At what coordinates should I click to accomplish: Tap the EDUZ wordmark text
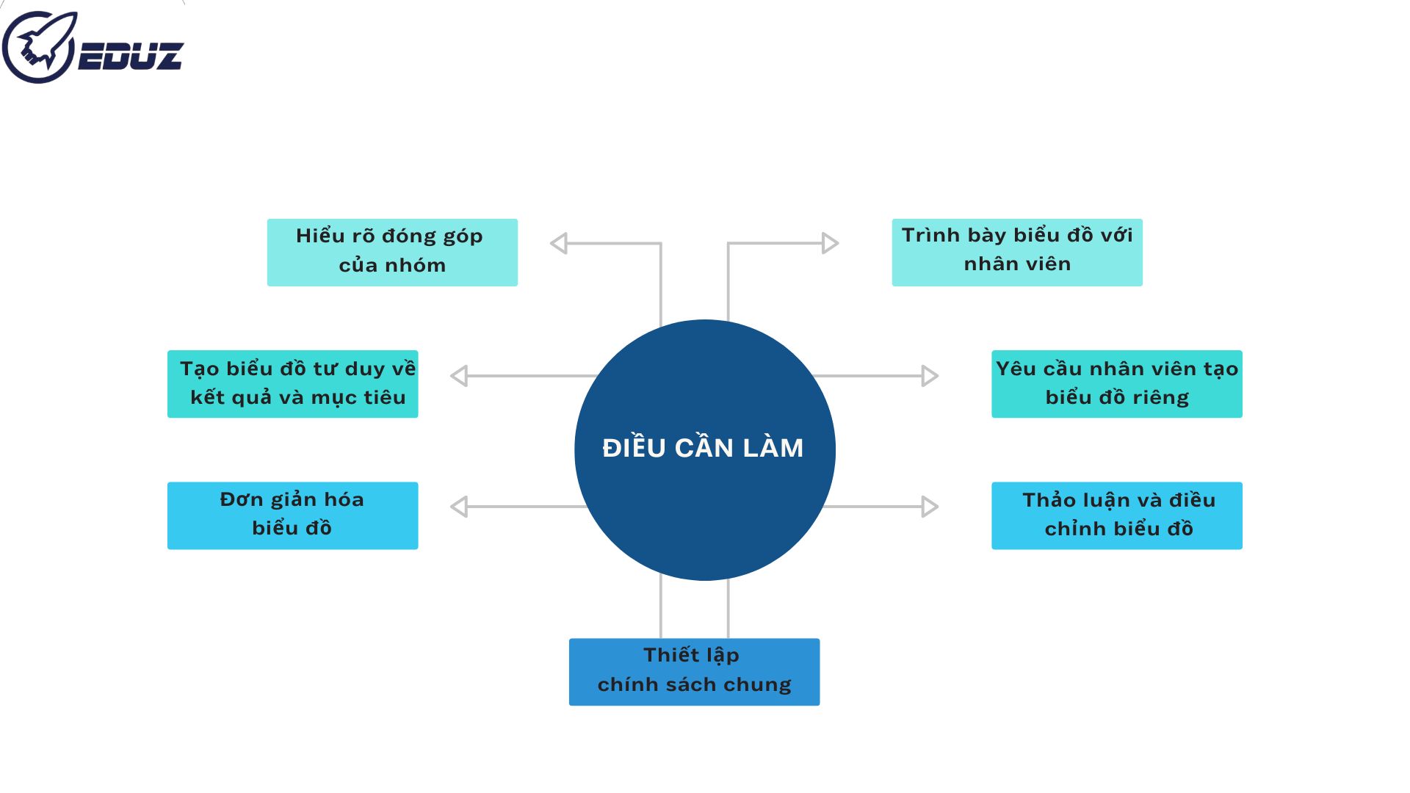click(x=131, y=57)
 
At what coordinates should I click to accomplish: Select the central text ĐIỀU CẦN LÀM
click(x=703, y=448)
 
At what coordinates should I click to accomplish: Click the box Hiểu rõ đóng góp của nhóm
click(x=392, y=252)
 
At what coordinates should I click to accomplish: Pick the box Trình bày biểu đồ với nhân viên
click(x=1017, y=252)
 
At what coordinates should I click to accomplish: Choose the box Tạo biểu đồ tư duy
click(x=293, y=383)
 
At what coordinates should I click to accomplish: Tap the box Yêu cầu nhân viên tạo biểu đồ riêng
click(x=1116, y=383)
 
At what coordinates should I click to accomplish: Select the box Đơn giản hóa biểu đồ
click(x=293, y=515)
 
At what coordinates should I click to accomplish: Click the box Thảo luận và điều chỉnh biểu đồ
click(x=1116, y=515)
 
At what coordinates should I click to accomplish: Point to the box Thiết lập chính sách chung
click(x=694, y=671)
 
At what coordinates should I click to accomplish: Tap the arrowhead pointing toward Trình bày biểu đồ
click(x=830, y=243)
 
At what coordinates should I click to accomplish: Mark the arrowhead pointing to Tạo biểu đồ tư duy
click(x=460, y=376)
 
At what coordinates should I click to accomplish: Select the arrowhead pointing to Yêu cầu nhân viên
click(x=930, y=376)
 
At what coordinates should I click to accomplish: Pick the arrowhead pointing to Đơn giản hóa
click(x=460, y=507)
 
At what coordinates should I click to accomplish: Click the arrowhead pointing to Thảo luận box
click(x=930, y=507)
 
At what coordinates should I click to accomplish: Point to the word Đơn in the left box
click(x=242, y=499)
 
